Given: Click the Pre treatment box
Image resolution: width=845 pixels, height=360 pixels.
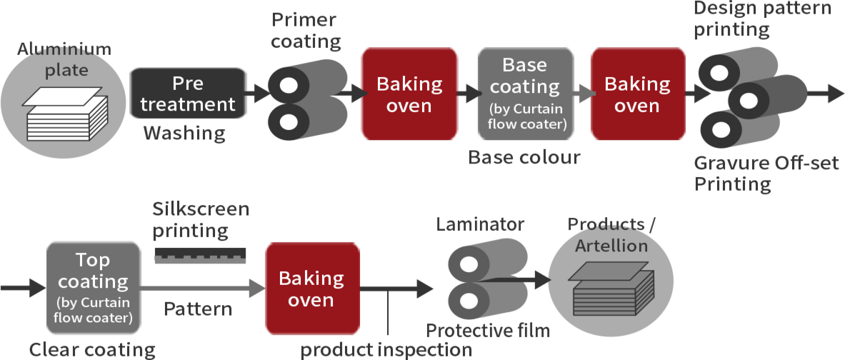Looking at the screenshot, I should pyautogui.click(x=188, y=94).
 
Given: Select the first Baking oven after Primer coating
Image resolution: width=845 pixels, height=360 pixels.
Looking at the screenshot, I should pyautogui.click(x=409, y=94).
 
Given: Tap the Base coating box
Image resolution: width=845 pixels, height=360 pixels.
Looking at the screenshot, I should pyautogui.click(x=526, y=94).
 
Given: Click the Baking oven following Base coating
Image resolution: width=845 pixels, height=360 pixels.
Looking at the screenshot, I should pyautogui.click(x=637, y=94).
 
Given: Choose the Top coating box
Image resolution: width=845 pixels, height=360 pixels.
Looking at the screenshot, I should pyautogui.click(x=94, y=288).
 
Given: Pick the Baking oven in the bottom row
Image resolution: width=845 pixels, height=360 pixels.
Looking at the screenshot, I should pyautogui.click(x=311, y=288).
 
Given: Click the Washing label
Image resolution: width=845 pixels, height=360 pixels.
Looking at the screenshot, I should pyautogui.click(x=184, y=134).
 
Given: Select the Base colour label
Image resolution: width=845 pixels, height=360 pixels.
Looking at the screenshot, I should pyautogui.click(x=524, y=158).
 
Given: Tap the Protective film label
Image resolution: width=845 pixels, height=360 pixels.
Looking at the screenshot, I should pyautogui.click(x=488, y=331).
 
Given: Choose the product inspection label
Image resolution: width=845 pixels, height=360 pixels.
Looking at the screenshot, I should pyautogui.click(x=386, y=350).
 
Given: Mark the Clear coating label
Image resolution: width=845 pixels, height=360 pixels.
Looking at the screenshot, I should pyautogui.click(x=92, y=349).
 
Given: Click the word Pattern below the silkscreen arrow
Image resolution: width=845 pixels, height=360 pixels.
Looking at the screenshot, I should pyautogui.click(x=198, y=309).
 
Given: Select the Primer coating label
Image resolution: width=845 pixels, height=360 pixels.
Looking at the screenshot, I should pyautogui.click(x=304, y=31).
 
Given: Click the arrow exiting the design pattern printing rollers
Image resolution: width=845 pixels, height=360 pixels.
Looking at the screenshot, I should pyautogui.click(x=826, y=93).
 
